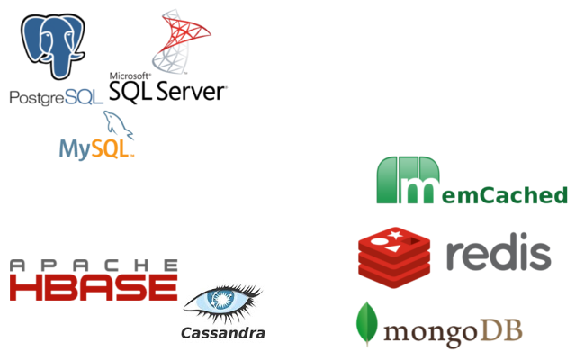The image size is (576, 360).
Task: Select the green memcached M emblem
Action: click(x=408, y=180)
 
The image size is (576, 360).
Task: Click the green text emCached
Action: click(x=505, y=194)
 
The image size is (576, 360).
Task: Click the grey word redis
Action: click(x=498, y=255)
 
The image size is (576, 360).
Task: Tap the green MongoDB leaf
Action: click(x=366, y=324)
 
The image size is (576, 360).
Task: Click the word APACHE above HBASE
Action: click(x=94, y=265)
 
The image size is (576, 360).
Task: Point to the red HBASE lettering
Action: click(x=94, y=288)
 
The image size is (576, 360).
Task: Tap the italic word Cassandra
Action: click(x=223, y=333)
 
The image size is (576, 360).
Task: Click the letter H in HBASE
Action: click(x=25, y=288)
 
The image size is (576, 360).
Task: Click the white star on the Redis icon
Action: click(x=393, y=236)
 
